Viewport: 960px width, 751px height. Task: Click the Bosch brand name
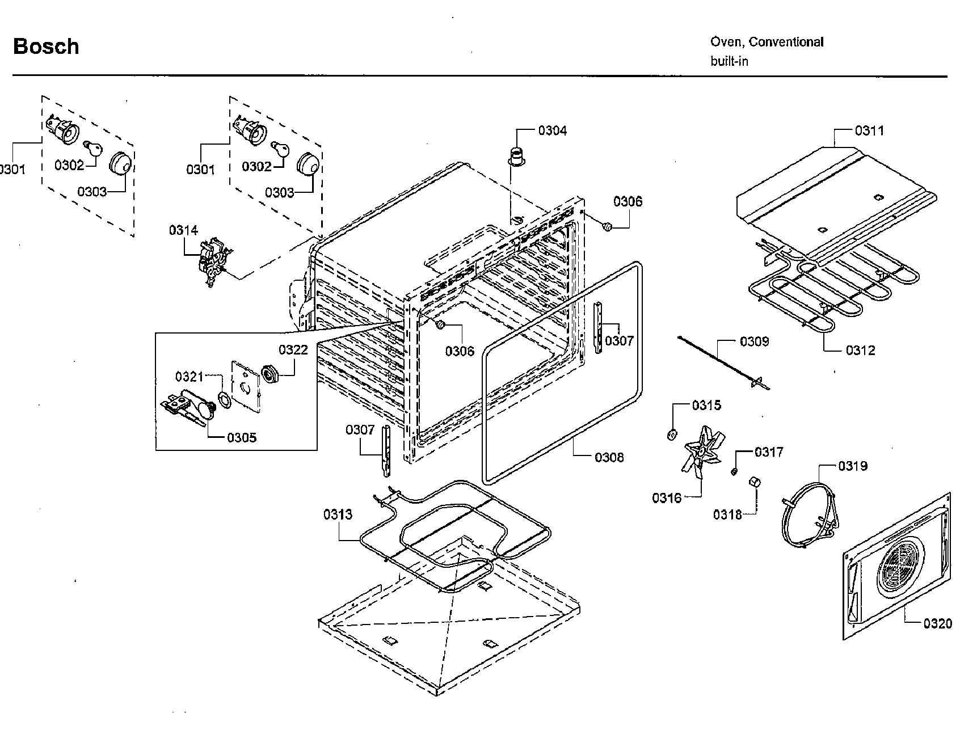46,47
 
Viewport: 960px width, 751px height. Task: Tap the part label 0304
552,131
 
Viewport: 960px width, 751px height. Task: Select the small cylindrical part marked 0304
516,154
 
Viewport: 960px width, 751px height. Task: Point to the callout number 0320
937,624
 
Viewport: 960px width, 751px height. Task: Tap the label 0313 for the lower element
338,514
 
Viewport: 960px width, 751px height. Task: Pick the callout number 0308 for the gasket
609,457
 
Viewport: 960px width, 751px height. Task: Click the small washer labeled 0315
671,435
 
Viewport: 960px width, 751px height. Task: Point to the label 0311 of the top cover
869,131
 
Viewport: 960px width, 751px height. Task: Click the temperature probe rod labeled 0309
721,363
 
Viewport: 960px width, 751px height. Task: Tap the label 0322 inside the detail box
293,350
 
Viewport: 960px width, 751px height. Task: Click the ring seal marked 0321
224,400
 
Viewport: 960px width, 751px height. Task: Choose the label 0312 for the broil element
860,351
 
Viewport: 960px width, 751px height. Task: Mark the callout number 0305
242,437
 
